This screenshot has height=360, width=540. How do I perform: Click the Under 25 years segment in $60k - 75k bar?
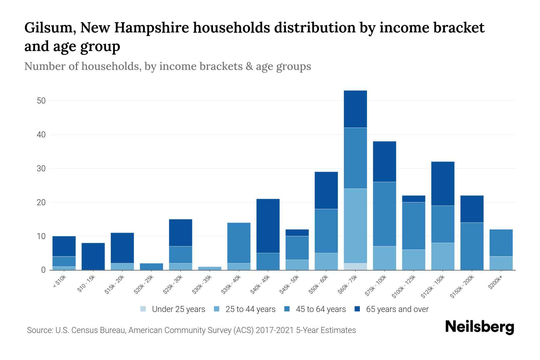pyautogui.click(x=355, y=266)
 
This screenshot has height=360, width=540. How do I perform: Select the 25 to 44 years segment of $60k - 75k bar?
pyautogui.click(x=355, y=226)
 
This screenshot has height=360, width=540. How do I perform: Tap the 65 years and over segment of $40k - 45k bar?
pyautogui.click(x=268, y=226)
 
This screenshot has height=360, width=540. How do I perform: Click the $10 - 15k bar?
pyautogui.click(x=93, y=256)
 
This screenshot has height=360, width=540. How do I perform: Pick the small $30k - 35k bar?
pyautogui.click(x=210, y=268)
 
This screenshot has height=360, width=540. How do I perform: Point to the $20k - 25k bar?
pyautogui.click(x=151, y=266)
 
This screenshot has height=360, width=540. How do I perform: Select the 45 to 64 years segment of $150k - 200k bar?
pyautogui.click(x=472, y=246)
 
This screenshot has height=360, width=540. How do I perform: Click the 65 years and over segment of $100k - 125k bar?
pyautogui.click(x=413, y=199)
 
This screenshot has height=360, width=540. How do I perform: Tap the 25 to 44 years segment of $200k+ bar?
pyautogui.click(x=501, y=263)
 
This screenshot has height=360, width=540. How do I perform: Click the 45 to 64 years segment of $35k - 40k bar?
pyautogui.click(x=239, y=243)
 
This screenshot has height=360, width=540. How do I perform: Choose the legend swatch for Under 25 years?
pyautogui.click(x=143, y=309)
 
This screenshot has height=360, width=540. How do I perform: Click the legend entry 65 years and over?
pyautogui.click(x=397, y=309)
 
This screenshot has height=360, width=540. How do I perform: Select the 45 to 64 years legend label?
pyautogui.click(x=320, y=309)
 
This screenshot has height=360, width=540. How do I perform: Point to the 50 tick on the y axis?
pyautogui.click(x=41, y=101)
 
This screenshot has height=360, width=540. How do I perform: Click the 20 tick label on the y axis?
pyautogui.click(x=41, y=202)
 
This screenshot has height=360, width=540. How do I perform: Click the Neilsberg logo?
pyautogui.click(x=479, y=327)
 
